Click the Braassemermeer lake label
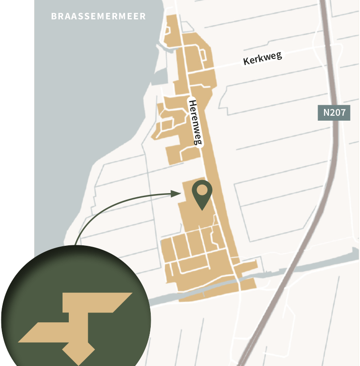[99, 16]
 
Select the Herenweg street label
[194, 122]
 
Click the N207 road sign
[334, 112]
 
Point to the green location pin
[202, 194]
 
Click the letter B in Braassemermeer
[54, 16]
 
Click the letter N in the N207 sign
[325, 112]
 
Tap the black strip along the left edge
[17, 135]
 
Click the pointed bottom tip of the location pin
[202, 209]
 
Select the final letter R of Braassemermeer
[143, 16]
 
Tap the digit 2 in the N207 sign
[332, 112]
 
